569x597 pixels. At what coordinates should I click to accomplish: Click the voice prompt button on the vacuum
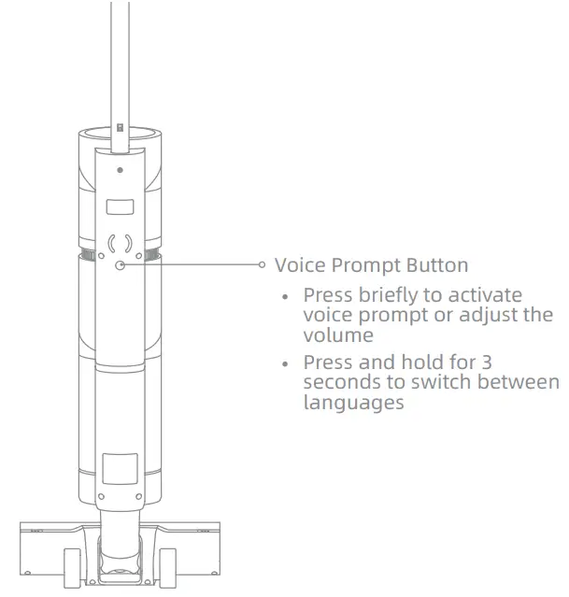tap(121, 264)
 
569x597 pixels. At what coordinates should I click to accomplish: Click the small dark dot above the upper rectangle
tap(121, 171)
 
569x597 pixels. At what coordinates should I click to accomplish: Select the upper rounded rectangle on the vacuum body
tap(121, 207)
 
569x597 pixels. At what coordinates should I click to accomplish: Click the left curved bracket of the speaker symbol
tap(111, 245)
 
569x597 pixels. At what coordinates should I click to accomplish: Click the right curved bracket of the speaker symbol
tap(130, 245)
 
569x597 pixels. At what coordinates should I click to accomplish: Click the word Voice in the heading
tap(297, 265)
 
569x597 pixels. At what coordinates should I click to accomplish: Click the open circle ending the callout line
tap(263, 264)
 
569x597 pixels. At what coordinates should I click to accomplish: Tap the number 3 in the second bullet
tap(484, 362)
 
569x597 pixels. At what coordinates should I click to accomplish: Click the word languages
tap(354, 404)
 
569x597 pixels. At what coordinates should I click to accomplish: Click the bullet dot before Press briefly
tap(287, 296)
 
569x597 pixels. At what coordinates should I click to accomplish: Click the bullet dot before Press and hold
tap(287, 362)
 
